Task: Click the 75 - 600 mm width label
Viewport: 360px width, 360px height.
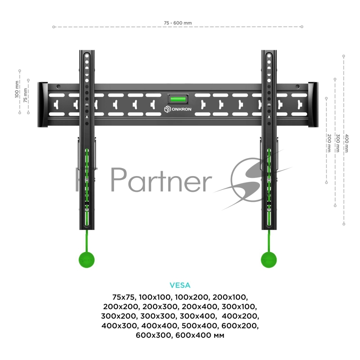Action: click(178, 23)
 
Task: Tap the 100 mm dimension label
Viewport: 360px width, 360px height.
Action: click(17, 89)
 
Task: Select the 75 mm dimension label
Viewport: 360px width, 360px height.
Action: click(25, 95)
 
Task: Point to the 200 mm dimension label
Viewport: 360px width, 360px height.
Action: click(329, 143)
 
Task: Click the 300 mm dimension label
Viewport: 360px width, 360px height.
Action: click(338, 143)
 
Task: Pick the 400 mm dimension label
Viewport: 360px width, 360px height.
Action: click(346, 143)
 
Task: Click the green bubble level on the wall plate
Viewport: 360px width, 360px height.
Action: click(178, 99)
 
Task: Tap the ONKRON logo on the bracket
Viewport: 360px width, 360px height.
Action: click(178, 109)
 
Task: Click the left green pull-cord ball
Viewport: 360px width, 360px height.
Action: click(86, 260)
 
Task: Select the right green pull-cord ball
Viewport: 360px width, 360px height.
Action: click(269, 260)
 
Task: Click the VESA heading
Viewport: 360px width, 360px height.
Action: click(180, 285)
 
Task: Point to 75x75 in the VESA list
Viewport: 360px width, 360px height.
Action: click(123, 297)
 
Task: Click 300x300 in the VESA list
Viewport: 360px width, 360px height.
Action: click(158, 316)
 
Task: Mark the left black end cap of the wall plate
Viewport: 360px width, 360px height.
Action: click(43, 104)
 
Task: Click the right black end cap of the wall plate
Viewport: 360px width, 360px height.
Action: click(313, 104)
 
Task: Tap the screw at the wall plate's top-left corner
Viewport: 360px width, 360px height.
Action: click(59, 86)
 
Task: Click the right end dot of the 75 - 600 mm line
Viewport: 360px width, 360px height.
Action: click(302, 27)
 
